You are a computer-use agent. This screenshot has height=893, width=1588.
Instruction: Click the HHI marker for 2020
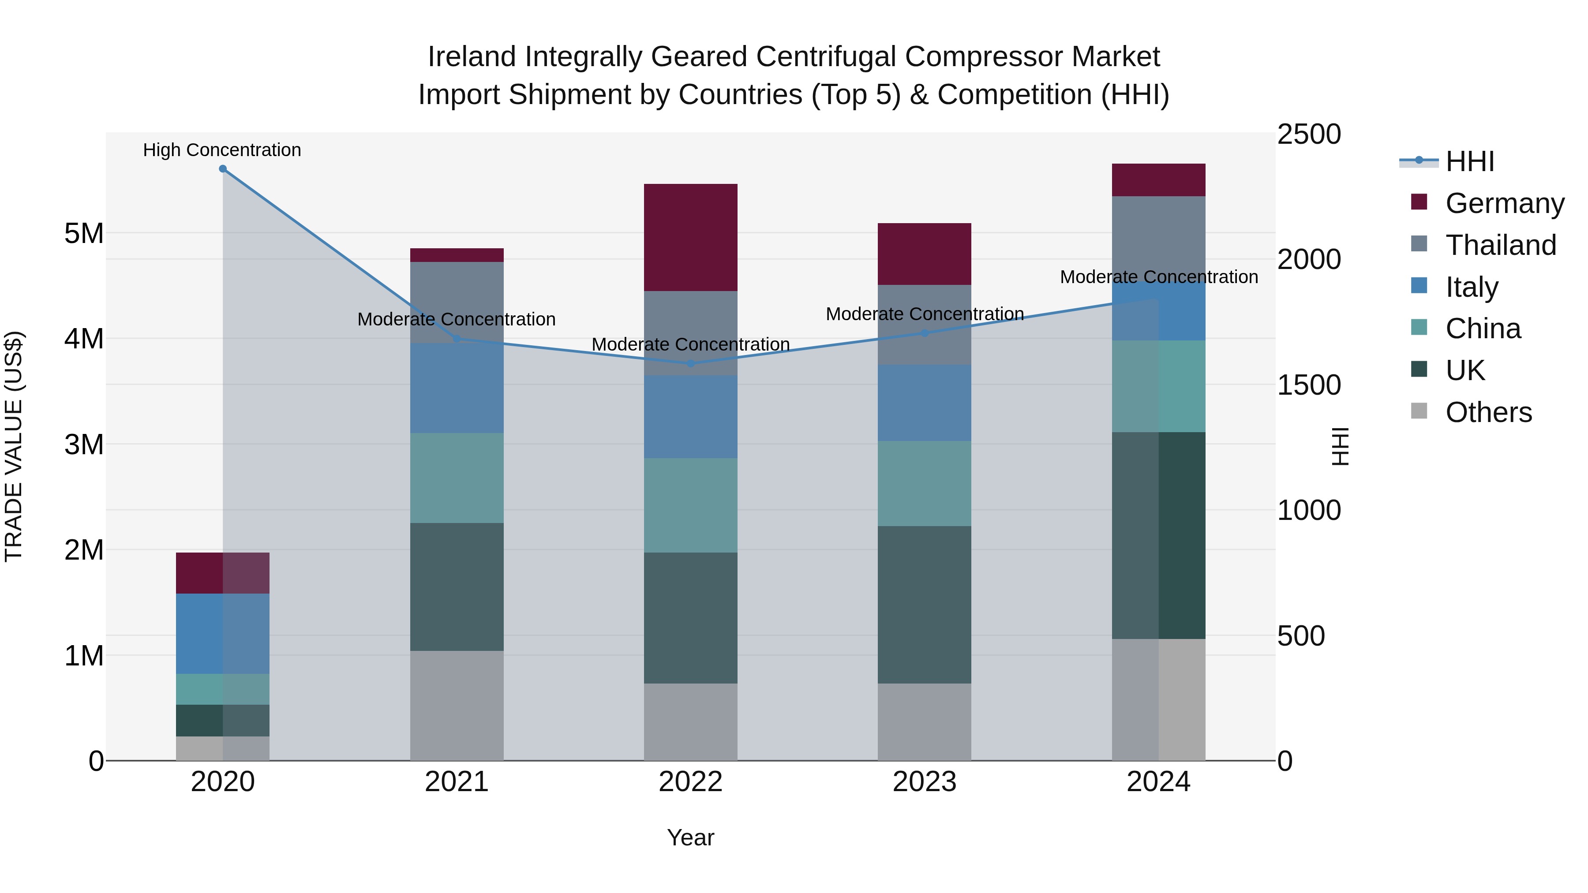223,169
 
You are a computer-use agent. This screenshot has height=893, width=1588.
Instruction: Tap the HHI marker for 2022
690,364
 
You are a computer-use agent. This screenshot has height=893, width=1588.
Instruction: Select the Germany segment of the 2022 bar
690,237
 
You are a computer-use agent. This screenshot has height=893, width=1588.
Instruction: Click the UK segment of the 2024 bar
1158,535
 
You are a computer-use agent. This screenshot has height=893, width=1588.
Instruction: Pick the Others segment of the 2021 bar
457,705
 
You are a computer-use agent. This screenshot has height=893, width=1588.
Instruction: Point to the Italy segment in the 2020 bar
223,634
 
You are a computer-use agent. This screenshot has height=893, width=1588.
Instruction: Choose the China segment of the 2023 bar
924,483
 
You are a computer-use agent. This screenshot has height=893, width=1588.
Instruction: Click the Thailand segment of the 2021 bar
457,302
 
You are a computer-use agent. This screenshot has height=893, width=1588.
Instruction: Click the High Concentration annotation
222,150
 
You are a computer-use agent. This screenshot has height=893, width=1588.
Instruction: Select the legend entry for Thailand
1501,245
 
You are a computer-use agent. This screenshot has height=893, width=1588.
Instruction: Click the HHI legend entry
1470,161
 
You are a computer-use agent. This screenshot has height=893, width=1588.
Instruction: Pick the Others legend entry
1488,412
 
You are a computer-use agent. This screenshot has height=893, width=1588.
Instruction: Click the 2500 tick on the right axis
1309,135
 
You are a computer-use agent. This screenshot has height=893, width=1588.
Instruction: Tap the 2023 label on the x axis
924,782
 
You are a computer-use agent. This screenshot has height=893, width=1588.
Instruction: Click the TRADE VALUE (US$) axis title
14,446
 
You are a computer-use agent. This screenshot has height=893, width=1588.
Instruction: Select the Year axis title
690,837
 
